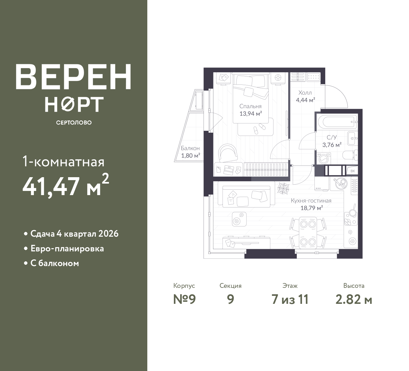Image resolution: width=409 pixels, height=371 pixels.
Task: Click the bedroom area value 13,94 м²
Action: [x=251, y=114]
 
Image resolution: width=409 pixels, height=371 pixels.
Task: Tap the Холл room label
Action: [x=305, y=93]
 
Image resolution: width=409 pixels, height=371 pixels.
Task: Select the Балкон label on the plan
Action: [x=190, y=148]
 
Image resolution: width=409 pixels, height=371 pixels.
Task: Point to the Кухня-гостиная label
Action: [x=311, y=201]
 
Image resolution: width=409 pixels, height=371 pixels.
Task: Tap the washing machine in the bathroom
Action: [x=324, y=158]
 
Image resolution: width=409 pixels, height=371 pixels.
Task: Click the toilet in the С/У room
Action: [x=350, y=155]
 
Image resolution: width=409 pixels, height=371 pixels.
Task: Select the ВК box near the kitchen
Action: [x=352, y=171]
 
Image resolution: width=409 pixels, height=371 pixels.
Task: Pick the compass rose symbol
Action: [x=283, y=187]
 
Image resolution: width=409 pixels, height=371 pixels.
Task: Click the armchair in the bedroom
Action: [x=228, y=153]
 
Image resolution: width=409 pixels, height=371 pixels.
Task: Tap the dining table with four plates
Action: [x=308, y=233]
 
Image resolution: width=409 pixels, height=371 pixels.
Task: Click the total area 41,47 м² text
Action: [x=66, y=185]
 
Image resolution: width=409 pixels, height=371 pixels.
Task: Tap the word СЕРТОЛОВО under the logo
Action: [x=74, y=122]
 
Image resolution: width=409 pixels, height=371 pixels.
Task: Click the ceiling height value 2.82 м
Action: [x=354, y=300]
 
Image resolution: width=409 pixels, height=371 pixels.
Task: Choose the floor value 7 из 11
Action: [x=290, y=300]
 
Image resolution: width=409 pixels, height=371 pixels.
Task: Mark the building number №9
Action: [x=184, y=300]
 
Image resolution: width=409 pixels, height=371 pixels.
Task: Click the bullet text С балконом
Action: [x=55, y=263]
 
